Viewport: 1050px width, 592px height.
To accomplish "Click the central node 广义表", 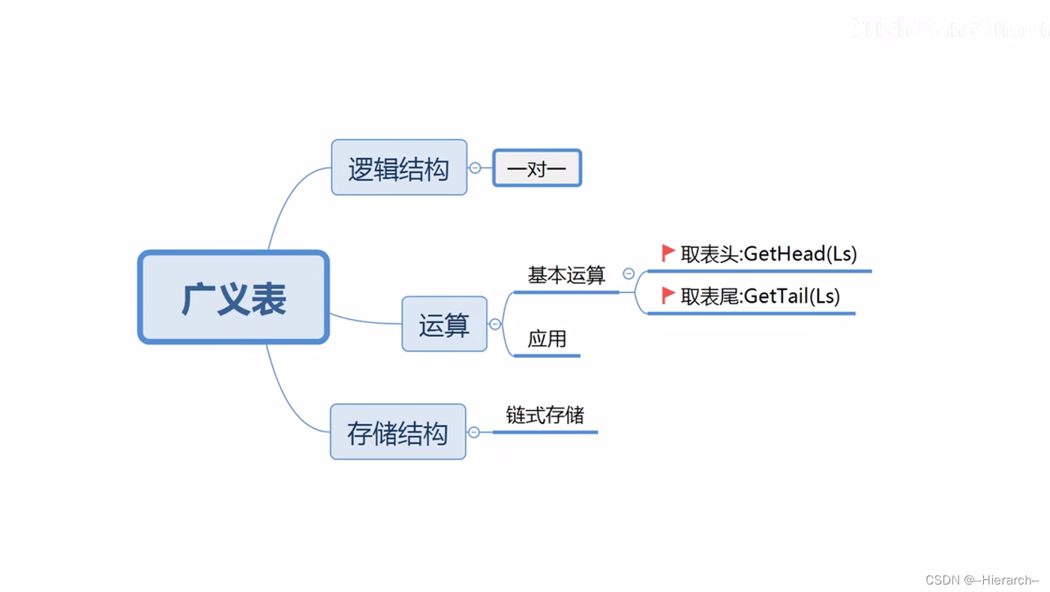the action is click(x=233, y=297).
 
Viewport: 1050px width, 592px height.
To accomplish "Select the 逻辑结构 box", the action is click(x=399, y=168).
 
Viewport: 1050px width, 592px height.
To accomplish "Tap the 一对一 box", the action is click(x=537, y=168).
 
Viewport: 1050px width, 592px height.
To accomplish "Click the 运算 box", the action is click(x=444, y=324).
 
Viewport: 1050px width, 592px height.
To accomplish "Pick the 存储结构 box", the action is click(x=397, y=432).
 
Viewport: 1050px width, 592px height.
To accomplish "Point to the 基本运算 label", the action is click(x=566, y=276).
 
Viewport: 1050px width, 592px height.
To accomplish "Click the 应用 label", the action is click(x=547, y=339).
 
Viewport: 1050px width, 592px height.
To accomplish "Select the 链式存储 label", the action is click(x=545, y=415).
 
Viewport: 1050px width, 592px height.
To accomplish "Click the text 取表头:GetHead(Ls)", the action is click(x=769, y=254).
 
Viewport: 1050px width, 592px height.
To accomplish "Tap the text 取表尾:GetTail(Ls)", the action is click(x=760, y=296).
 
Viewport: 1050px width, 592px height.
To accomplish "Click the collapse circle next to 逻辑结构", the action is click(x=475, y=168).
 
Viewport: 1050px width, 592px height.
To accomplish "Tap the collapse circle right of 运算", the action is click(x=495, y=324).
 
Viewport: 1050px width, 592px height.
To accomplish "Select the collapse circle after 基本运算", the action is click(x=628, y=274).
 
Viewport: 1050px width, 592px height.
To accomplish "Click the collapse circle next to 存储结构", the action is click(x=474, y=432).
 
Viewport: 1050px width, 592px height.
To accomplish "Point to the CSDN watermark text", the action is click(x=982, y=580).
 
